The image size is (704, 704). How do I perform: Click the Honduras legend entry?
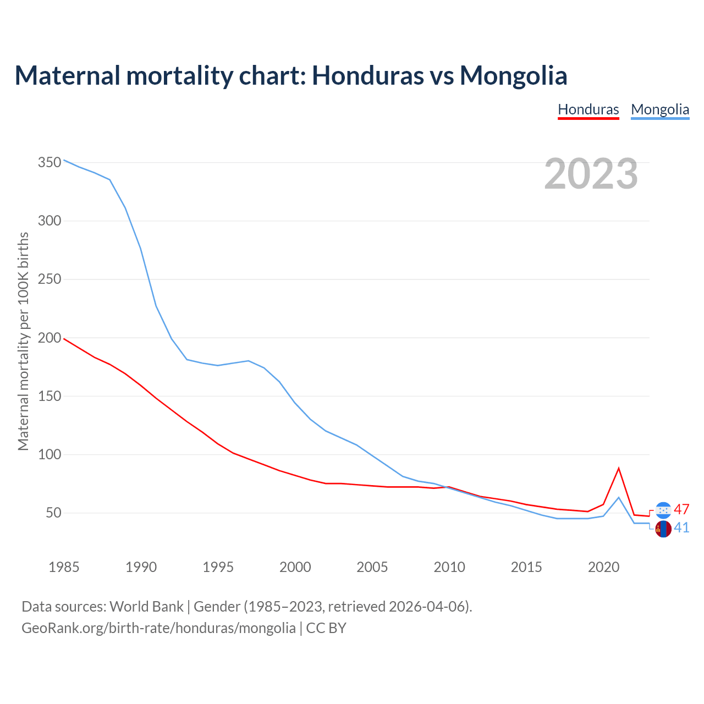click(x=588, y=109)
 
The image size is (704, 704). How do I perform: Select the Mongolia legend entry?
click(x=660, y=109)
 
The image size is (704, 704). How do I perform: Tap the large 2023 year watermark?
click(x=591, y=174)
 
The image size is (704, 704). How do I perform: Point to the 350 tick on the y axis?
click(x=50, y=162)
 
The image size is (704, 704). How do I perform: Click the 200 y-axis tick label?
click(x=50, y=338)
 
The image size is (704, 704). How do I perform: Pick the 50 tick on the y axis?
click(x=53, y=513)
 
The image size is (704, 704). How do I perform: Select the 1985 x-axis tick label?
click(x=64, y=567)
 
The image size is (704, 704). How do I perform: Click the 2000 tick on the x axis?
click(x=295, y=567)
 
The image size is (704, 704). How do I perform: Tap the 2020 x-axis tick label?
click(x=604, y=567)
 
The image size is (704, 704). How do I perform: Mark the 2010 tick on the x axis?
click(x=449, y=567)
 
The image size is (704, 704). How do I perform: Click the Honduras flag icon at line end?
click(x=664, y=510)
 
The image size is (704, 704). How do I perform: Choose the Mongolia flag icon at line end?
click(x=664, y=529)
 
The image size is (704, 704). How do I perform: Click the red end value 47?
click(x=681, y=509)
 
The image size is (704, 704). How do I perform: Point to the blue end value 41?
click(x=681, y=528)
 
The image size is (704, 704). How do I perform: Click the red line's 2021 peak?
click(x=619, y=468)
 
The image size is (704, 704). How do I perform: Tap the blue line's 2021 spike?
click(x=619, y=497)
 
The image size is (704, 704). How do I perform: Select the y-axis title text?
click(x=23, y=341)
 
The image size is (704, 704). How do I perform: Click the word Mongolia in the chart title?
click(x=513, y=75)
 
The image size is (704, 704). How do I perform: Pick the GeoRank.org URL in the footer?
click(x=158, y=628)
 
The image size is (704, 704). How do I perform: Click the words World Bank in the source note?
click(x=146, y=607)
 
